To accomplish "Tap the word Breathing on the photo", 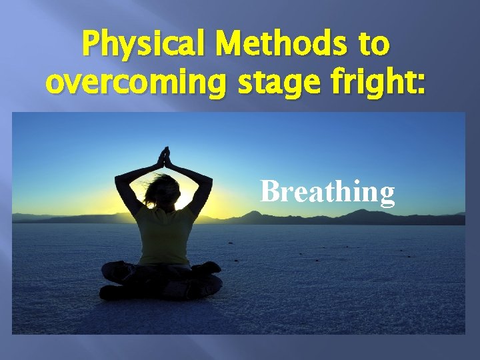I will (327, 191).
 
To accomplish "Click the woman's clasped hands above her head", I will (163, 157).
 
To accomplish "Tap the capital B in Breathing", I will (271, 191).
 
